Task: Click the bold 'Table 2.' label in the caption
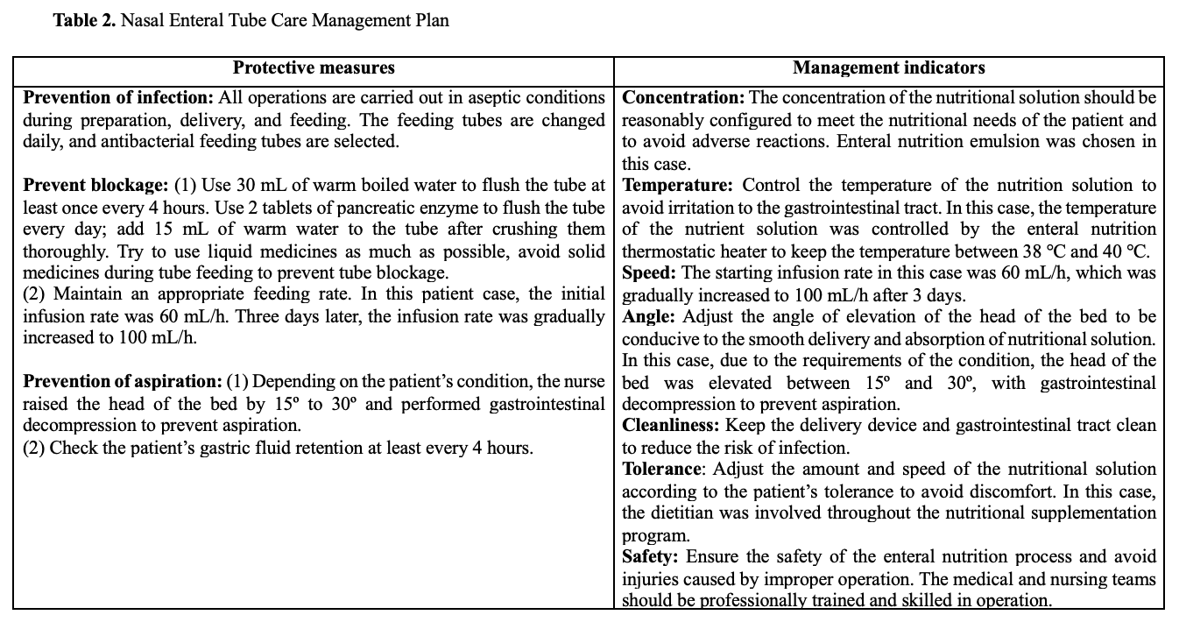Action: [x=84, y=20]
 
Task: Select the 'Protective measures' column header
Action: [x=314, y=67]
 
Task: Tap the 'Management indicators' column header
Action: [x=888, y=67]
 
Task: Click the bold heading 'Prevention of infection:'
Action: [x=118, y=97]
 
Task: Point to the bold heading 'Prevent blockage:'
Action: [x=95, y=185]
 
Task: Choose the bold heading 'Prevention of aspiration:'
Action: [x=122, y=382]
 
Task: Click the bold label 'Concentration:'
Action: [x=682, y=97]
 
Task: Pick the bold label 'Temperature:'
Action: [x=679, y=185]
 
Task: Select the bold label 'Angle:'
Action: [x=648, y=316]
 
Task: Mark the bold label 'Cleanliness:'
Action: [x=670, y=426]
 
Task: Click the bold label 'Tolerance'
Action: [x=661, y=470]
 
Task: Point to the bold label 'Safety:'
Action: [x=650, y=557]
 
